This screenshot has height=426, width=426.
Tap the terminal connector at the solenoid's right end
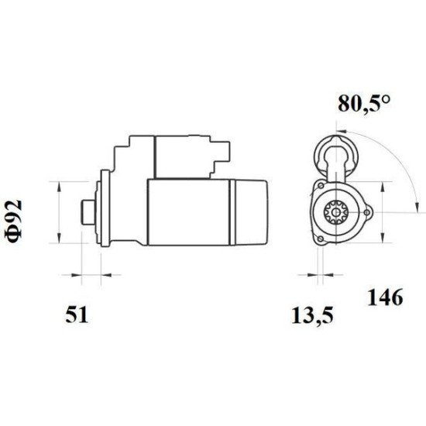(221, 155)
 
